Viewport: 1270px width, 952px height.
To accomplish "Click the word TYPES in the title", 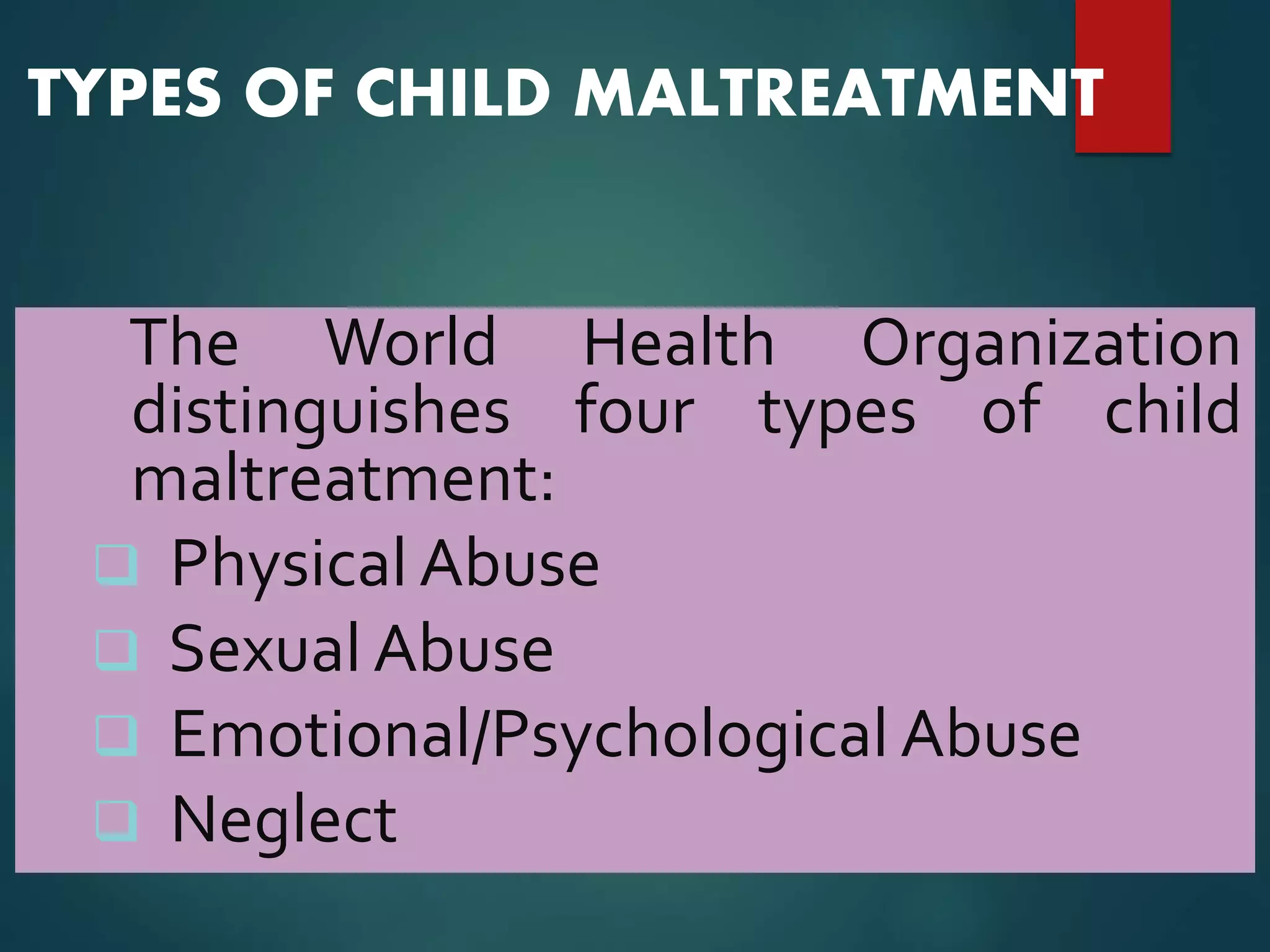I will click(x=124, y=93).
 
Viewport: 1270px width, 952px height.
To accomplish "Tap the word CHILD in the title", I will click(x=453, y=93).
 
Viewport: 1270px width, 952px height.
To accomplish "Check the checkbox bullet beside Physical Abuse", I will click(x=116, y=565).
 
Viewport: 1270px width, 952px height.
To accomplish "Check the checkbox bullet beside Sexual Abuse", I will click(x=116, y=650).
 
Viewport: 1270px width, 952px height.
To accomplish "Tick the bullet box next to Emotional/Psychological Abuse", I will click(x=116, y=735).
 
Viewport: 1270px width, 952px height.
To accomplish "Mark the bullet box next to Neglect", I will click(x=116, y=821).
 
